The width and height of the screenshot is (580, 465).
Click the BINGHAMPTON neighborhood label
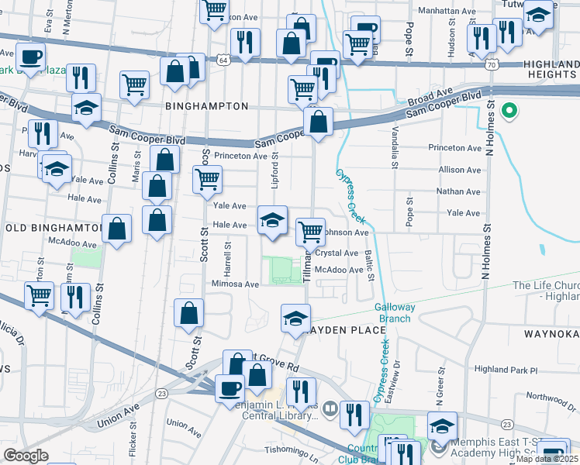coord(206,105)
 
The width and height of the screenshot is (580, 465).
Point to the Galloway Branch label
coord(395,312)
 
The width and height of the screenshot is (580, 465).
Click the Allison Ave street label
coord(459,170)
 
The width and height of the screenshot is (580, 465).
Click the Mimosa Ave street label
coord(235,284)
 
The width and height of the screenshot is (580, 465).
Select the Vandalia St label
coord(395,147)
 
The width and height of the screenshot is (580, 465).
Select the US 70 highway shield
coord(492,64)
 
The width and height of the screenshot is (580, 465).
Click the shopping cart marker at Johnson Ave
coord(311,230)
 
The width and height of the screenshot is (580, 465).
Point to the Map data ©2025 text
coord(547,459)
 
